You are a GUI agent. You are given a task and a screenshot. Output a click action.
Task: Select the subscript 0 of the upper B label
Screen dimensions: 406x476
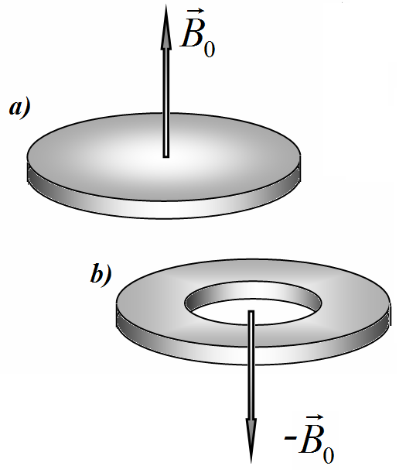tap(210, 50)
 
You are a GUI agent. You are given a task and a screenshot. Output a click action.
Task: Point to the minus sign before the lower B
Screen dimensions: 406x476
tap(290, 438)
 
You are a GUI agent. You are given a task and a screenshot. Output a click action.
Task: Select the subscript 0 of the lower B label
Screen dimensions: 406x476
tap(328, 455)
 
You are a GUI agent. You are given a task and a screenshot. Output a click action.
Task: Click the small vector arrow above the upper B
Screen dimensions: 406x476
tap(195, 12)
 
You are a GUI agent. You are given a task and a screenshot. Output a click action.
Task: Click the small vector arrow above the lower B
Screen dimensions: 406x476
tap(313, 418)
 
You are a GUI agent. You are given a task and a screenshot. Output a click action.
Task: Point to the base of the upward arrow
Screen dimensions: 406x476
tap(165, 157)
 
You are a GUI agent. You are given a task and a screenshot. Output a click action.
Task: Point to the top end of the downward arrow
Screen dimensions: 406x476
tap(251, 311)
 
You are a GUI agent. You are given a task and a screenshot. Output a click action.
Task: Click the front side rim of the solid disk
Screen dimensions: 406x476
tap(164, 210)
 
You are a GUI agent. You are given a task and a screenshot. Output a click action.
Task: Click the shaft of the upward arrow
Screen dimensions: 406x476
tap(165, 103)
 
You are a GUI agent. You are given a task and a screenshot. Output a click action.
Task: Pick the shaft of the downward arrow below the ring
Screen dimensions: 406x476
tap(251, 392)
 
